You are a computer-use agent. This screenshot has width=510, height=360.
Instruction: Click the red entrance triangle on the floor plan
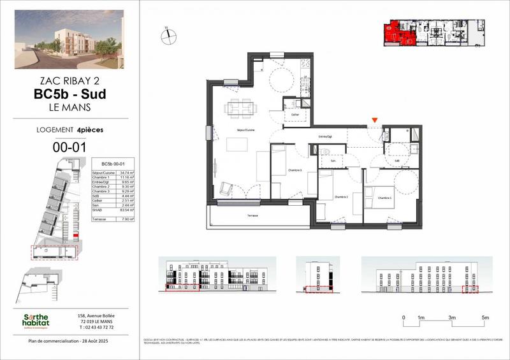(375, 120)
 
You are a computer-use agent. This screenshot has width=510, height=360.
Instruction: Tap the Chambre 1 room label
(384, 198)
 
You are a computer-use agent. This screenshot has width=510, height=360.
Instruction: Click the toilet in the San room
(325, 151)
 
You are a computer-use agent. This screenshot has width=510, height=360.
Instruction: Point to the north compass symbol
(167, 36)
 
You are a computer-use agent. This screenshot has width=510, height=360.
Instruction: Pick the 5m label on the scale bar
(485, 317)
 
